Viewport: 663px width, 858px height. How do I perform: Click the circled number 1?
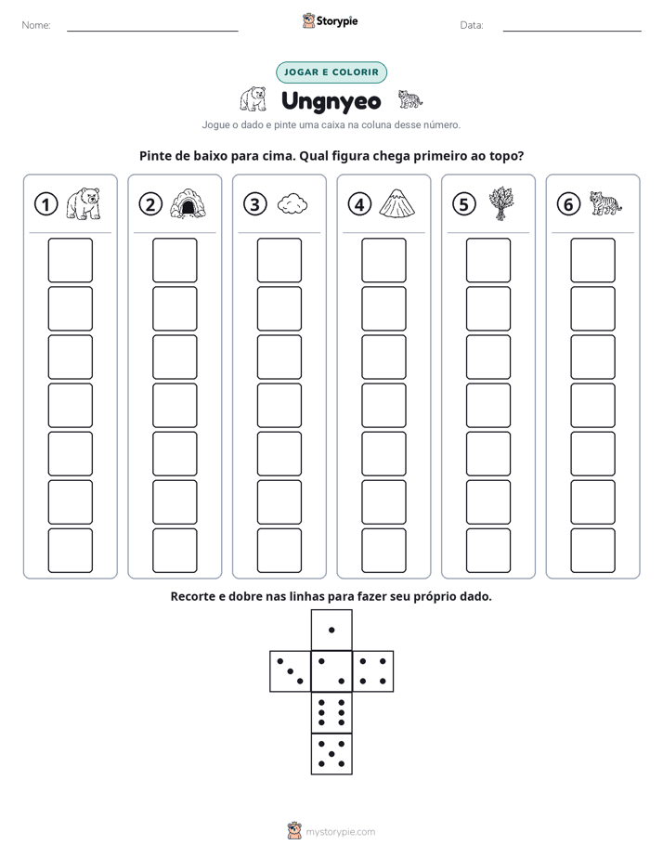pos(45,204)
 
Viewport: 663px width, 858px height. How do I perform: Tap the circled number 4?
pos(359,204)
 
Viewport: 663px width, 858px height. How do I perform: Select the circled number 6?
pos(568,204)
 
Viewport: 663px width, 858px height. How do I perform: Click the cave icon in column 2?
pos(188,203)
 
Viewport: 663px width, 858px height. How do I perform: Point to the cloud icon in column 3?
pos(292,203)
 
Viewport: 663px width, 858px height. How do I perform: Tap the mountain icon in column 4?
pos(397,203)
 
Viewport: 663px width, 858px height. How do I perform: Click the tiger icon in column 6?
pos(605,203)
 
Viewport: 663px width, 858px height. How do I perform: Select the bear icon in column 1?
pos(84,203)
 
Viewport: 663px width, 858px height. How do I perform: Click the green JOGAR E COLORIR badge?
pos(331,72)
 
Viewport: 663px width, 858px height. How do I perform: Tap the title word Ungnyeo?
pos(331,102)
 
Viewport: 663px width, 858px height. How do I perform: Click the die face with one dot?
pos(331,630)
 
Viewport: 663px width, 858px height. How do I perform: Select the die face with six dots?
pos(331,712)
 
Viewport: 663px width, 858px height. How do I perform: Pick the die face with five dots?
pos(331,754)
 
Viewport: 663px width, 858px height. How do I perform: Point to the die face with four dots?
pos(373,670)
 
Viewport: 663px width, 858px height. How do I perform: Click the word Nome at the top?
pos(36,25)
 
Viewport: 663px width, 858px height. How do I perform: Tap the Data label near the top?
pos(472,25)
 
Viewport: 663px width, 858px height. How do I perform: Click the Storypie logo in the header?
pos(331,20)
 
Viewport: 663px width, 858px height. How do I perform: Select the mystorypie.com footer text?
pos(340,832)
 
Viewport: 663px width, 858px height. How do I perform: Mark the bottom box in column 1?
pos(70,551)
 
